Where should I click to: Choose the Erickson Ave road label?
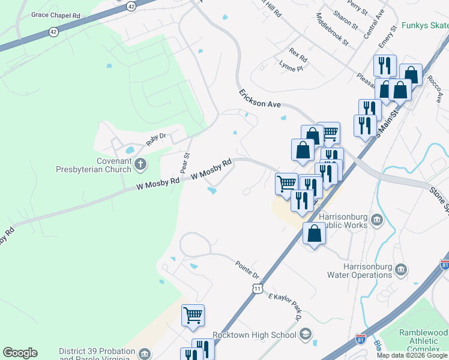click(x=260, y=99)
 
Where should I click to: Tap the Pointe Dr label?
click(x=247, y=268)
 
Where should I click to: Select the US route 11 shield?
click(x=256, y=289)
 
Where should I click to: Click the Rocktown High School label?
click(x=255, y=334)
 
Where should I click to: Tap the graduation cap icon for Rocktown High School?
click(x=306, y=334)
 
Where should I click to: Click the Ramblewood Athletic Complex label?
click(x=423, y=340)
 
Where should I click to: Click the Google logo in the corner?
click(x=20, y=353)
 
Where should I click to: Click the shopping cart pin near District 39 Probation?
click(x=193, y=315)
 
